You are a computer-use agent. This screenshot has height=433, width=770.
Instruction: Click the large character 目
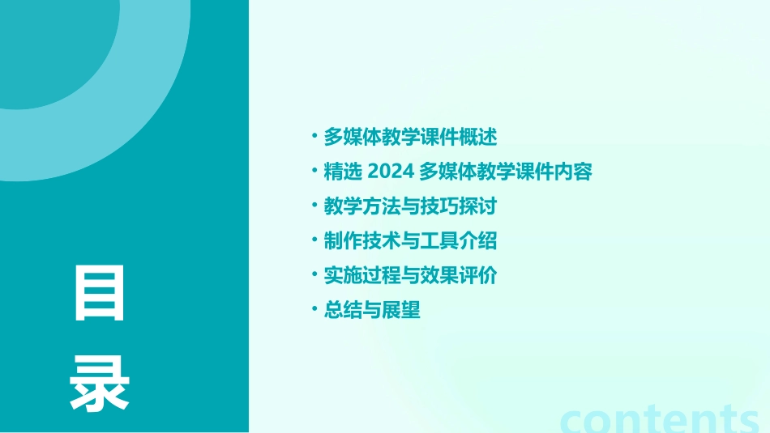pyautogui.click(x=100, y=293)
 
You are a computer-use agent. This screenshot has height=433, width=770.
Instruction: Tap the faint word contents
pyautogui.click(x=661, y=418)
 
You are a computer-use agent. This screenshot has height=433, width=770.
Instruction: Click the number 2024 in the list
pyautogui.click(x=391, y=172)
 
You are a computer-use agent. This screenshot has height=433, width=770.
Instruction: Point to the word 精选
pyautogui.click(x=341, y=172)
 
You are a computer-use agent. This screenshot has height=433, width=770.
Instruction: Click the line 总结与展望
pyautogui.click(x=372, y=311)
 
